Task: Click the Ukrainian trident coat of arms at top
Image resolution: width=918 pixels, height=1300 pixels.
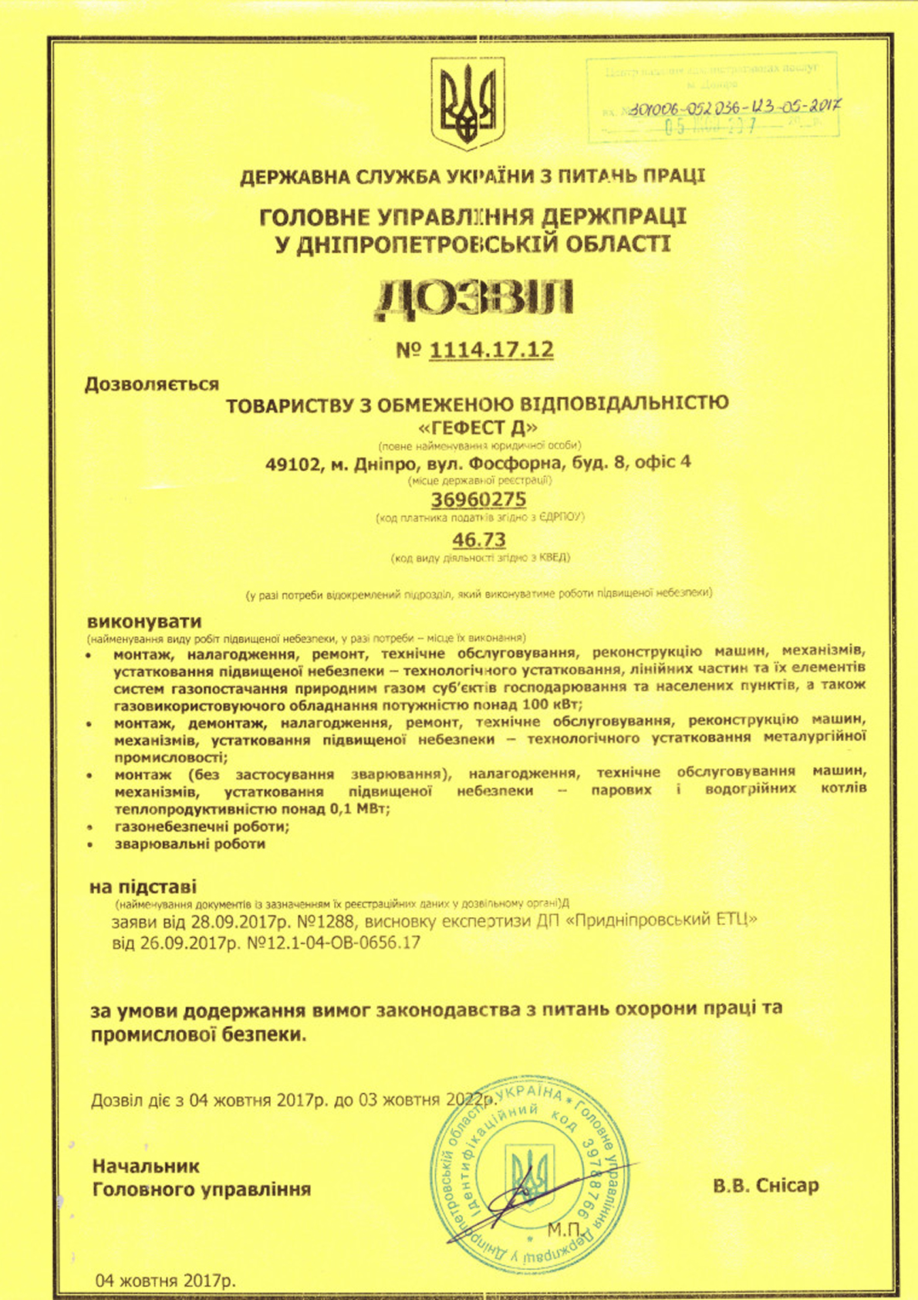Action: click(467, 103)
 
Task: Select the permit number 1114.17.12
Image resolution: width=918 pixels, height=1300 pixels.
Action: click(491, 350)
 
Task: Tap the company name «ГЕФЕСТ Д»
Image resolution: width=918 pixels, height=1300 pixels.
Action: click(476, 427)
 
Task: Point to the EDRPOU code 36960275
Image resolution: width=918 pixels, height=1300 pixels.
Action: click(478, 499)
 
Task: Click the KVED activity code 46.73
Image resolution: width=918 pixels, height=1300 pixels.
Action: click(479, 539)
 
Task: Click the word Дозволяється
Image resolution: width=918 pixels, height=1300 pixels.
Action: click(152, 384)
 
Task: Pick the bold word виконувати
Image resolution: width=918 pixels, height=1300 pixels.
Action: click(144, 621)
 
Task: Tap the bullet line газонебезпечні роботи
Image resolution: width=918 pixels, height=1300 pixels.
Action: click(202, 826)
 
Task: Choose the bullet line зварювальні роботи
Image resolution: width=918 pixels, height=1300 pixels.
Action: click(190, 844)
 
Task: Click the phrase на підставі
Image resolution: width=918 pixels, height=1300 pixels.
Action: click(143, 887)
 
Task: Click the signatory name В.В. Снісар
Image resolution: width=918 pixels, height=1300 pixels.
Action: click(765, 1186)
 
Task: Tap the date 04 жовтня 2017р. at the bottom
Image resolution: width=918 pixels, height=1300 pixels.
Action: click(165, 1279)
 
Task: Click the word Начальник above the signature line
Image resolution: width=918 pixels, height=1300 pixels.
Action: click(146, 1166)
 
